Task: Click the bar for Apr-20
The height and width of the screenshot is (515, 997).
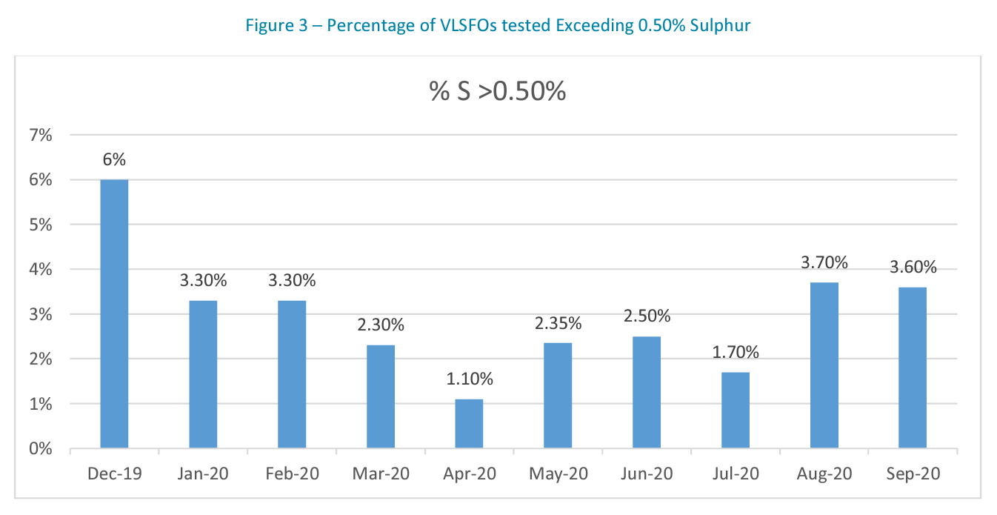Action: coord(469,424)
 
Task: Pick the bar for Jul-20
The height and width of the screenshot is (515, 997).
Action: coord(735,411)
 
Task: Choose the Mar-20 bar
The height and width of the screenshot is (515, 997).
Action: coord(380,396)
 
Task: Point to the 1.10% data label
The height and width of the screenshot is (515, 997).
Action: coord(469,379)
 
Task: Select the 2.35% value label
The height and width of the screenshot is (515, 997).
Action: coord(558,324)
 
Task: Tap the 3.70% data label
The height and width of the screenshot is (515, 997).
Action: coord(824,263)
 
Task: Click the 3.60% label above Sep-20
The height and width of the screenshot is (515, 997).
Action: coord(913,268)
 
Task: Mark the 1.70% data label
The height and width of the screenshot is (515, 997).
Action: coord(735,353)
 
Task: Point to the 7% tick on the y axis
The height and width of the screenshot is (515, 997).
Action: coord(40,136)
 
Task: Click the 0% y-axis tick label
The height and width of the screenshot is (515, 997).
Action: coord(40,449)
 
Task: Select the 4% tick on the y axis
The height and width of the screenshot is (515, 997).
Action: coord(40,270)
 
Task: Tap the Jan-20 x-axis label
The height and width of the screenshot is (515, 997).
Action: coord(203,474)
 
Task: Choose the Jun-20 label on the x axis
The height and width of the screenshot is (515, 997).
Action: coord(647,474)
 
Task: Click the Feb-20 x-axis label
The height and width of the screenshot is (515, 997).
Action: coord(292,474)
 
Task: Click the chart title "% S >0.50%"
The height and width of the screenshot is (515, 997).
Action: coord(498,91)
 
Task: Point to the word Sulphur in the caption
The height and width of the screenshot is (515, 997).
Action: coord(723,26)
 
